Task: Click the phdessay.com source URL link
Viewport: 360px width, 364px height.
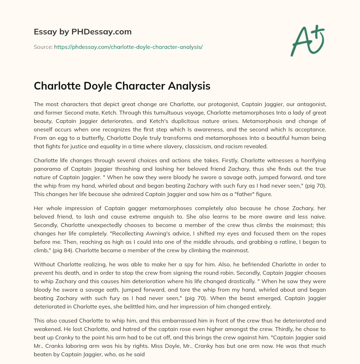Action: tap(128, 47)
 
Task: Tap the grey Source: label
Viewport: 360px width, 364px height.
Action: tap(43, 47)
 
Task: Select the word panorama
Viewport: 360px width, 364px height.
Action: tap(46, 169)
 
